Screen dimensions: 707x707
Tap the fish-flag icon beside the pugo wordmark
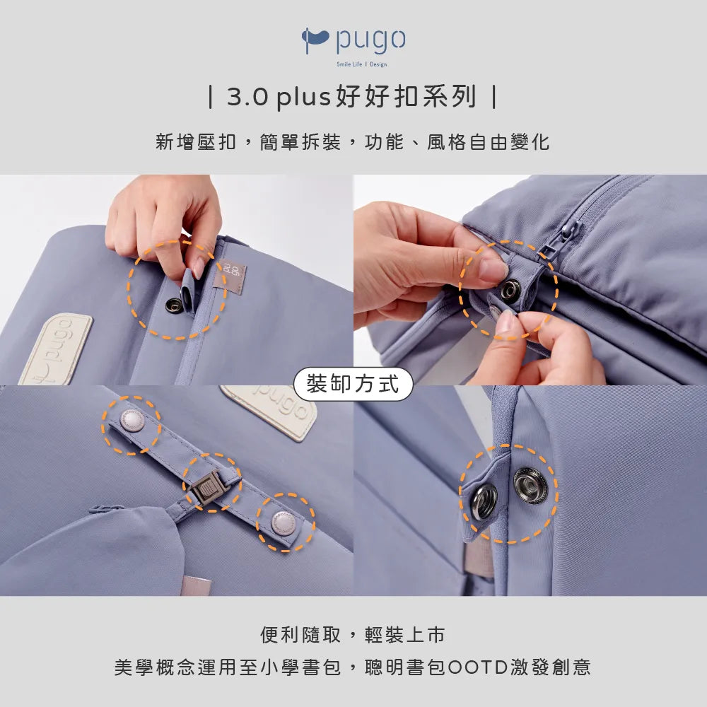315,39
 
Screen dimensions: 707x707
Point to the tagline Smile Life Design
361,64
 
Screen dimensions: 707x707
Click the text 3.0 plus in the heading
279,96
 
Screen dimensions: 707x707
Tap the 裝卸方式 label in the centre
353,384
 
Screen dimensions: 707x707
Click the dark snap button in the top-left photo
174,305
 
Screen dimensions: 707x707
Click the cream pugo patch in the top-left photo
57,349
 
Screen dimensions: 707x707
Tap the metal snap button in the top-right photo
510,289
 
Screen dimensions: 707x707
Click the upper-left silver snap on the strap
132,421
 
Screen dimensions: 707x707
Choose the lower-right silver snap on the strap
284,522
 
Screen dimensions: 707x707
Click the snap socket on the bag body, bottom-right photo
530,486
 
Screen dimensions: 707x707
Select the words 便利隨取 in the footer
300,634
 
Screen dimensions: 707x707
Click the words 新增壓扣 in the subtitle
196,141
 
